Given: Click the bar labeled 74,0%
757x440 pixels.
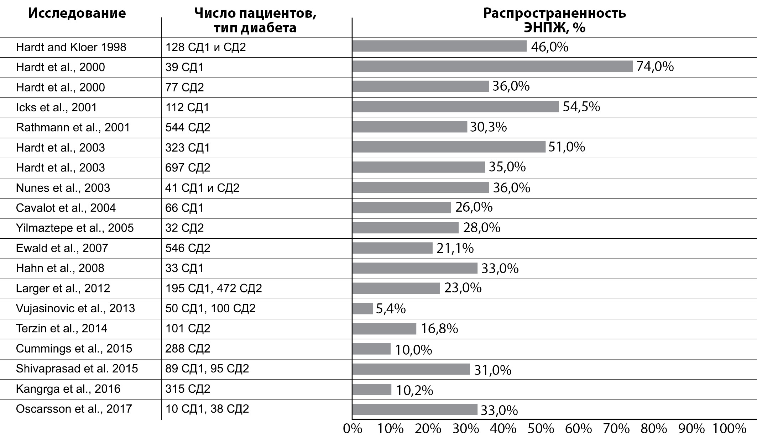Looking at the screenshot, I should [x=492, y=67].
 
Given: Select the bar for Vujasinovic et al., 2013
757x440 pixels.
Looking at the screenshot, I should [x=362, y=308].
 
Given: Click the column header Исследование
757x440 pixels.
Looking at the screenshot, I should [x=77, y=13].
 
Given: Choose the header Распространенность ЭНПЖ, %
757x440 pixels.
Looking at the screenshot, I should [x=554, y=20].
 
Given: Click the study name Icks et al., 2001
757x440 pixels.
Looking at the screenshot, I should [x=56, y=107].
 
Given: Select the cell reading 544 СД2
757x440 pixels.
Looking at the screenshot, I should [x=188, y=127].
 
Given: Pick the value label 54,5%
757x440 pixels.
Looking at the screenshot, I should [x=581, y=107].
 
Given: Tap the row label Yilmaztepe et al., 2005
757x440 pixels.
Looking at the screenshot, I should [x=75, y=228].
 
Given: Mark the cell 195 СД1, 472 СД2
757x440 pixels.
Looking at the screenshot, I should [x=214, y=288].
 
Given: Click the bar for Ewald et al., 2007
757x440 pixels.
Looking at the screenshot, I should [x=392, y=248].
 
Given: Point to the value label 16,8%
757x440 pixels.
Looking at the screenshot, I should [x=439, y=329].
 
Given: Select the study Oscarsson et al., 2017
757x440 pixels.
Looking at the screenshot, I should [x=74, y=409].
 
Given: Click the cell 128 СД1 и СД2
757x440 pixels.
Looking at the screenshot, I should [x=205, y=47].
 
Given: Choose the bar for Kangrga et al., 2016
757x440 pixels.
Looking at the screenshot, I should [x=372, y=389].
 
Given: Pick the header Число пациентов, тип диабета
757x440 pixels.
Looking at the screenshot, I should [x=255, y=20].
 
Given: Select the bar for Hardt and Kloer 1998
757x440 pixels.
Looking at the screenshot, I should [x=439, y=46].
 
